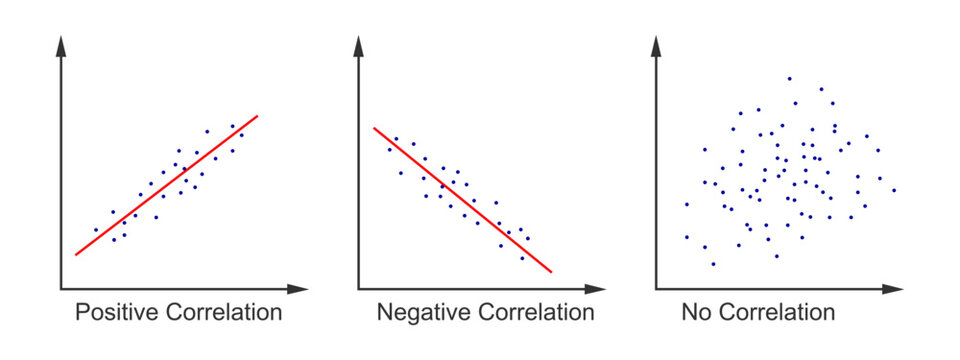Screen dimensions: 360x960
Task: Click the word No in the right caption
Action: click(x=696, y=313)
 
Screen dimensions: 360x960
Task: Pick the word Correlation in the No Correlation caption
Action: click(x=775, y=313)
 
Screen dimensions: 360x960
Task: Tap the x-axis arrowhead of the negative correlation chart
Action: click(x=596, y=289)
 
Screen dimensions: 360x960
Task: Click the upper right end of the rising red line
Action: click(x=258, y=115)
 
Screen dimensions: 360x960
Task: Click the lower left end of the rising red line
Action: click(x=76, y=255)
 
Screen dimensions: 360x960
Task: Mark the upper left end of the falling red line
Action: click(x=375, y=128)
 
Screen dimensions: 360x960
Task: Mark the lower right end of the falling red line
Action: click(x=550, y=271)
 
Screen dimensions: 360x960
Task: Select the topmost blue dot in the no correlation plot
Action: click(x=789, y=78)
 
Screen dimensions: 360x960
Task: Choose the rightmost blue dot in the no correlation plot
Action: click(x=893, y=189)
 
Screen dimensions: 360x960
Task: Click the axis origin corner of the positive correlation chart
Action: click(x=63, y=289)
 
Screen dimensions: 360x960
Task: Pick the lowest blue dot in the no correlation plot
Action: click(x=713, y=264)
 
